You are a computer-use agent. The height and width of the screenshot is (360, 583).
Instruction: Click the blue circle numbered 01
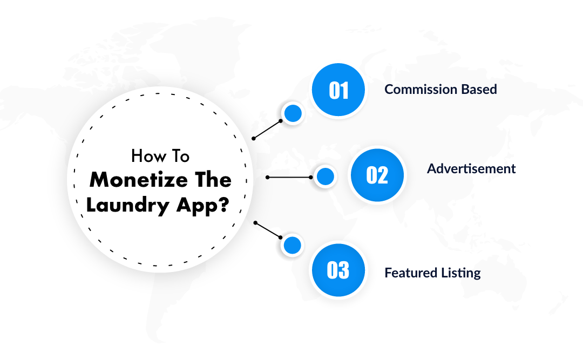338,90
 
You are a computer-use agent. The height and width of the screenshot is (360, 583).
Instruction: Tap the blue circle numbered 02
377,175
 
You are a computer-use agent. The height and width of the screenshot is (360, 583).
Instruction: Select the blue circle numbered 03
338,270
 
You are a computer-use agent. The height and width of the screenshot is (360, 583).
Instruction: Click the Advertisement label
471,168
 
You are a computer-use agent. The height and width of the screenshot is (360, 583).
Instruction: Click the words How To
160,157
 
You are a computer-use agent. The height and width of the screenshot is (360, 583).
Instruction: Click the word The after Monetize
208,180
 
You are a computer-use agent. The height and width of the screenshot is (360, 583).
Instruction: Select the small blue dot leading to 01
293,113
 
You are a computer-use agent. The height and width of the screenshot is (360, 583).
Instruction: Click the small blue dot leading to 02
325,176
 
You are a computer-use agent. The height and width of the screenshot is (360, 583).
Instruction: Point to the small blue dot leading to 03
292,246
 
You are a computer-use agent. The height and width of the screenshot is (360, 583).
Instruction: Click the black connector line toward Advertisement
289,177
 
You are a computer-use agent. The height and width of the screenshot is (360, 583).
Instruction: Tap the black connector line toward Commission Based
267,130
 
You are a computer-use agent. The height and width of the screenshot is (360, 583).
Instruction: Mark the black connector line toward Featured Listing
267,229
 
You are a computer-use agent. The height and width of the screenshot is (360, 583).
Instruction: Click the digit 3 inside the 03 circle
344,270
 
